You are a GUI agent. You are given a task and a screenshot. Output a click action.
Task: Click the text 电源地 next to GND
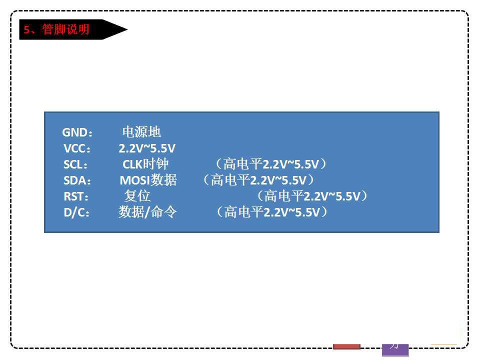coord(141,132)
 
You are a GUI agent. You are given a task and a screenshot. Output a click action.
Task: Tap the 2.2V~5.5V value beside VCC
coord(147,148)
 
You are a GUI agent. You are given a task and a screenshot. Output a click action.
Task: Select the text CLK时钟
coord(145,164)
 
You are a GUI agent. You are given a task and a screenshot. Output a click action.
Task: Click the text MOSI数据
coord(148,180)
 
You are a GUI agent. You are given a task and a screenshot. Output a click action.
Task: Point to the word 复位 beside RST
coord(137,196)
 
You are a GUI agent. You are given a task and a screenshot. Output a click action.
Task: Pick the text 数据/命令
coord(147,212)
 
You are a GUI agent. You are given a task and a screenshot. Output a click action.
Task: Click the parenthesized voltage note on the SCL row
coord(270,164)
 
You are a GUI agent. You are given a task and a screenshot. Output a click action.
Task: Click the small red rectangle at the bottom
coord(346,345)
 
